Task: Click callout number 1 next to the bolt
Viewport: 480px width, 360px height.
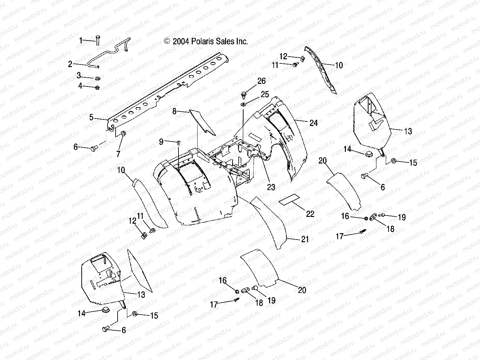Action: pyautogui.click(x=81, y=40)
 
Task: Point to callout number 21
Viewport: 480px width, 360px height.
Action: pyautogui.click(x=305, y=239)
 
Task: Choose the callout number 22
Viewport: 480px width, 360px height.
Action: pyautogui.click(x=310, y=214)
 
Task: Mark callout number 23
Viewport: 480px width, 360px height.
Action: pyautogui.click(x=271, y=187)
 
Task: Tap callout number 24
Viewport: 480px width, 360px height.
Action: pyautogui.click(x=313, y=123)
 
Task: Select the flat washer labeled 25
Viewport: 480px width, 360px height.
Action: pyautogui.click(x=243, y=104)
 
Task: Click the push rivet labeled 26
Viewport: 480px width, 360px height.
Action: pyautogui.click(x=243, y=95)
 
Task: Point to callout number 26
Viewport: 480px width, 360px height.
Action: pyautogui.click(x=261, y=81)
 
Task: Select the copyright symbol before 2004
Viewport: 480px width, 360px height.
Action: pyautogui.click(x=167, y=41)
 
